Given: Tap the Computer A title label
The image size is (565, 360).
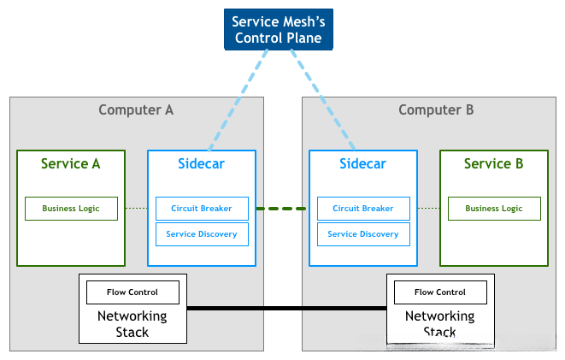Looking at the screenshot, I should tap(136, 109).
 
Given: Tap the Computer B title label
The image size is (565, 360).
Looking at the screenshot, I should tap(436, 109).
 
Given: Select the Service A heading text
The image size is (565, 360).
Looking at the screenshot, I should tap(71, 163).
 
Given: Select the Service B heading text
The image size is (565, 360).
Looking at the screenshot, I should tap(493, 163).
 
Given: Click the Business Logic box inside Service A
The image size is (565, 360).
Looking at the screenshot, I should tap(71, 209).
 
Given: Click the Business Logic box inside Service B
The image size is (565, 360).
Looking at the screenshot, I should tap(493, 209).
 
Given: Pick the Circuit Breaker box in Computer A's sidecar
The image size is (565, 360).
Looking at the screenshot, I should tap(202, 209).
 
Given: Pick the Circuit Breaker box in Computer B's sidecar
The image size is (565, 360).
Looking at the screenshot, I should tap(362, 209).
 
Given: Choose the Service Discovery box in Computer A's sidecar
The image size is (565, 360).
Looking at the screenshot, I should tap(202, 234).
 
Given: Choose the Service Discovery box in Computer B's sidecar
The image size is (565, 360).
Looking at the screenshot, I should tap(362, 234).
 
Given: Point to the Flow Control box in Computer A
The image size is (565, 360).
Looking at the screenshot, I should tap(132, 292).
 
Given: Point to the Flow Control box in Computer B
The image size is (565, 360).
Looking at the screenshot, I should tap(440, 292).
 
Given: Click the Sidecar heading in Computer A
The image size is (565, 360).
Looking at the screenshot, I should tap(201, 163).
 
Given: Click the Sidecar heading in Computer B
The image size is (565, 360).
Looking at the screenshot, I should tap(362, 163).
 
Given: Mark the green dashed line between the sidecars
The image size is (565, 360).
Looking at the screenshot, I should tap(282, 209).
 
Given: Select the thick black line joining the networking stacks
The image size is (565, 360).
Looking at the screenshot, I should tap(286, 308).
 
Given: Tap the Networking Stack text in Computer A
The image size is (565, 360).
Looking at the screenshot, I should tap(132, 324).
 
